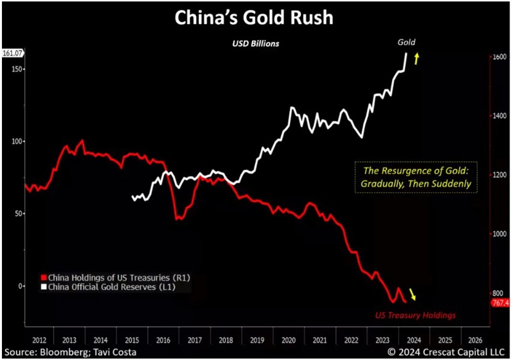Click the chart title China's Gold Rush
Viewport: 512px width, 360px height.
point(254,18)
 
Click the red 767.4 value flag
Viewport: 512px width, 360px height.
point(500,303)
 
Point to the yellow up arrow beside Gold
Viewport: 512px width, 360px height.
point(416,59)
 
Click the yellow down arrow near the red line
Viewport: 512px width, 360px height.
point(412,294)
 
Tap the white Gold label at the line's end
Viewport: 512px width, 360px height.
point(406,42)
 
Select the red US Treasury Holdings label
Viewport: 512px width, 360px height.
point(416,315)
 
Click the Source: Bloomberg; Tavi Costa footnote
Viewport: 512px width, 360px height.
point(71,352)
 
